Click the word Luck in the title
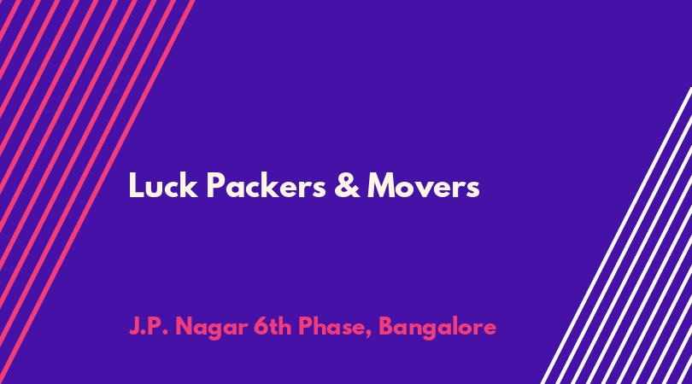(x=163, y=186)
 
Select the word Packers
(x=266, y=186)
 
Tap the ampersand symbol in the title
(x=347, y=186)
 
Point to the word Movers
(x=424, y=186)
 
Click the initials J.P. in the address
(x=150, y=327)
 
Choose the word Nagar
(x=211, y=329)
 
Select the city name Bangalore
(x=437, y=329)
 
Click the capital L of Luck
(x=135, y=185)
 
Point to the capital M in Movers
(x=382, y=185)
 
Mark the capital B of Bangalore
(x=387, y=327)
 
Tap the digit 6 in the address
(x=261, y=327)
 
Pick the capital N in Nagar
(x=185, y=327)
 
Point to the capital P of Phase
(x=306, y=327)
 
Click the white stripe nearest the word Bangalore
(x=616, y=236)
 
